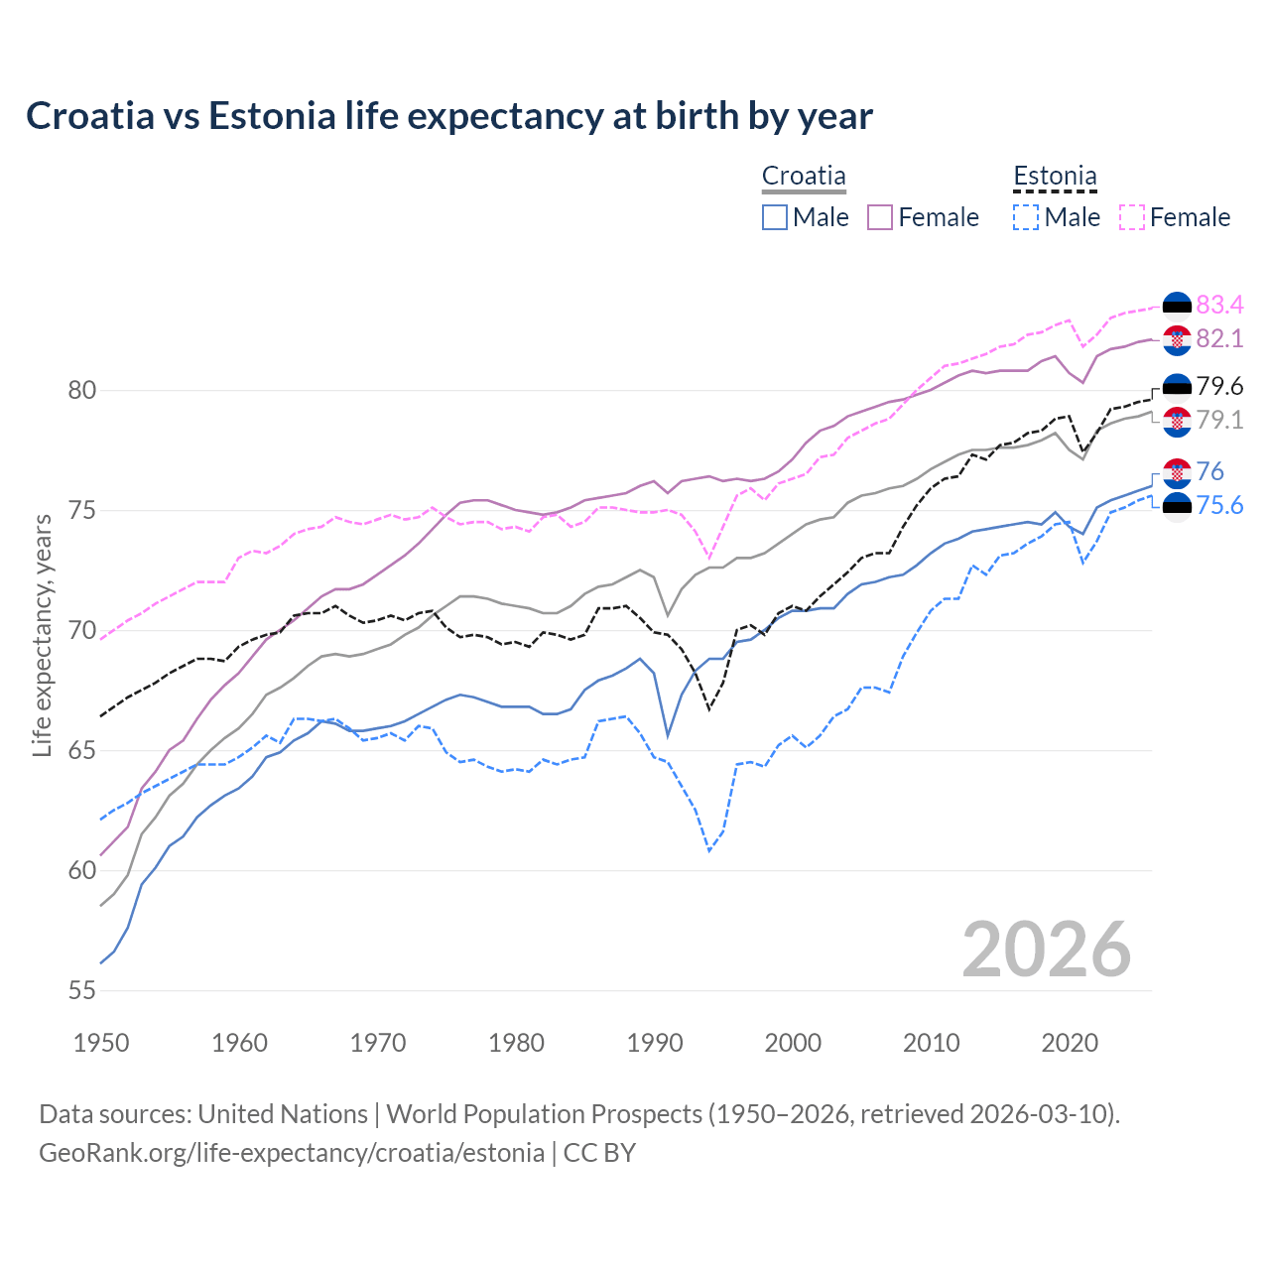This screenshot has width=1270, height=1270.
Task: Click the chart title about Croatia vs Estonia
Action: point(448,116)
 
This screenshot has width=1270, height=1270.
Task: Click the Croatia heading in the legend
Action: point(804,176)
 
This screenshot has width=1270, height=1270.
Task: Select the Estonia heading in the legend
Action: point(1055,176)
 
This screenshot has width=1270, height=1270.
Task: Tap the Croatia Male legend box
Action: point(775,217)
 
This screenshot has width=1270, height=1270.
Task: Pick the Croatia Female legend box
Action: point(880,217)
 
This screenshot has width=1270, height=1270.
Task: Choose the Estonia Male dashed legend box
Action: point(1026,217)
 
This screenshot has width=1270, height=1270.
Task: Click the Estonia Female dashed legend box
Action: point(1132,217)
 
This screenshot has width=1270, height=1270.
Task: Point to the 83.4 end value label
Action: point(1219,305)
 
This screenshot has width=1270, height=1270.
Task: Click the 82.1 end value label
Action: point(1219,338)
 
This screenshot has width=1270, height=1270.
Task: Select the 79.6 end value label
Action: point(1219,386)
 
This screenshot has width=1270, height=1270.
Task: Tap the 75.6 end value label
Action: point(1219,506)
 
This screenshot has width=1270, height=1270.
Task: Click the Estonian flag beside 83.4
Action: point(1177,306)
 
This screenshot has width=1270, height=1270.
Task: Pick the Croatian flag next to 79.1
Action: point(1177,421)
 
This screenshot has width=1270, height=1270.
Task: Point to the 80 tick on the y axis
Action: point(82,390)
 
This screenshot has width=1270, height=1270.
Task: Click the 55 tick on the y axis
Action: point(82,990)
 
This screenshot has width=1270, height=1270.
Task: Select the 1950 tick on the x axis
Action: point(101,1043)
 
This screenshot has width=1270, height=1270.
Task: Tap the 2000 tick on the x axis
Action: point(793,1043)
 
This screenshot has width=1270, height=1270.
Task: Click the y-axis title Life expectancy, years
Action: point(43,635)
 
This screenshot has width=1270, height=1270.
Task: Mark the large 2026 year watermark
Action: point(1046,950)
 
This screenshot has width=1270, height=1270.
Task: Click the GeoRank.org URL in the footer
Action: point(291,1152)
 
